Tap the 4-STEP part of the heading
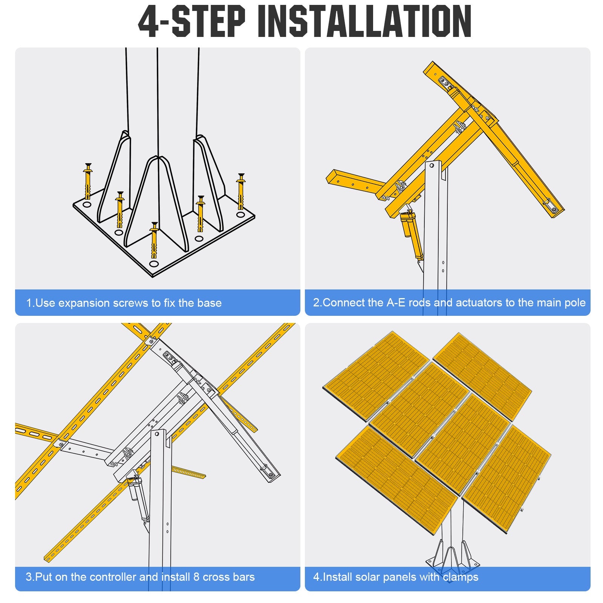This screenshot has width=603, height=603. pyautogui.click(x=191, y=21)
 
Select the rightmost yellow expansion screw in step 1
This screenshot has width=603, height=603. pyautogui.click(x=241, y=191)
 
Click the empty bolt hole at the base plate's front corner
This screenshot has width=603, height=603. pyautogui.click(x=153, y=263)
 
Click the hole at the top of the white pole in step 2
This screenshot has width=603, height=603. pyautogui.click(x=432, y=165)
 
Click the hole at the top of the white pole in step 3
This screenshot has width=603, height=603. pyautogui.click(x=158, y=434)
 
